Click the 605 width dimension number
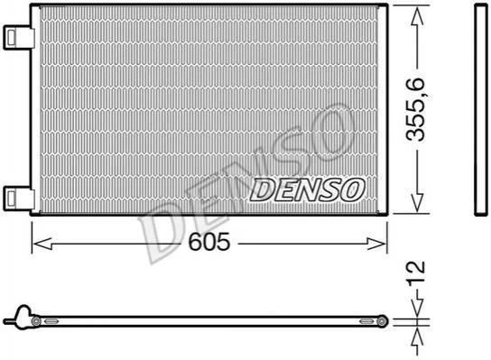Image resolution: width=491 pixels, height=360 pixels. [x=208, y=242]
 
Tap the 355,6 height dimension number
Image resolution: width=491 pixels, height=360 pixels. [x=415, y=109]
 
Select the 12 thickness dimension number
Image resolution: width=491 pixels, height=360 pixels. [x=416, y=272]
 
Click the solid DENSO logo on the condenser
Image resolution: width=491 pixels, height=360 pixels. [x=307, y=189]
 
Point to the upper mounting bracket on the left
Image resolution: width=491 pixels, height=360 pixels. [x=18, y=38]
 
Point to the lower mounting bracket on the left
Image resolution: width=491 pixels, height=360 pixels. [x=18, y=198]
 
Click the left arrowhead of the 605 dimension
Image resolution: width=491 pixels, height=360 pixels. [x=42, y=244]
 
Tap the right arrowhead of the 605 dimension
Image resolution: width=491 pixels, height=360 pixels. [x=377, y=244]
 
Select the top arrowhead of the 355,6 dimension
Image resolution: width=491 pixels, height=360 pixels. [x=417, y=16]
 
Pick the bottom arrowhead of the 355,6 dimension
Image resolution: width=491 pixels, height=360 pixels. [x=417, y=203]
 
